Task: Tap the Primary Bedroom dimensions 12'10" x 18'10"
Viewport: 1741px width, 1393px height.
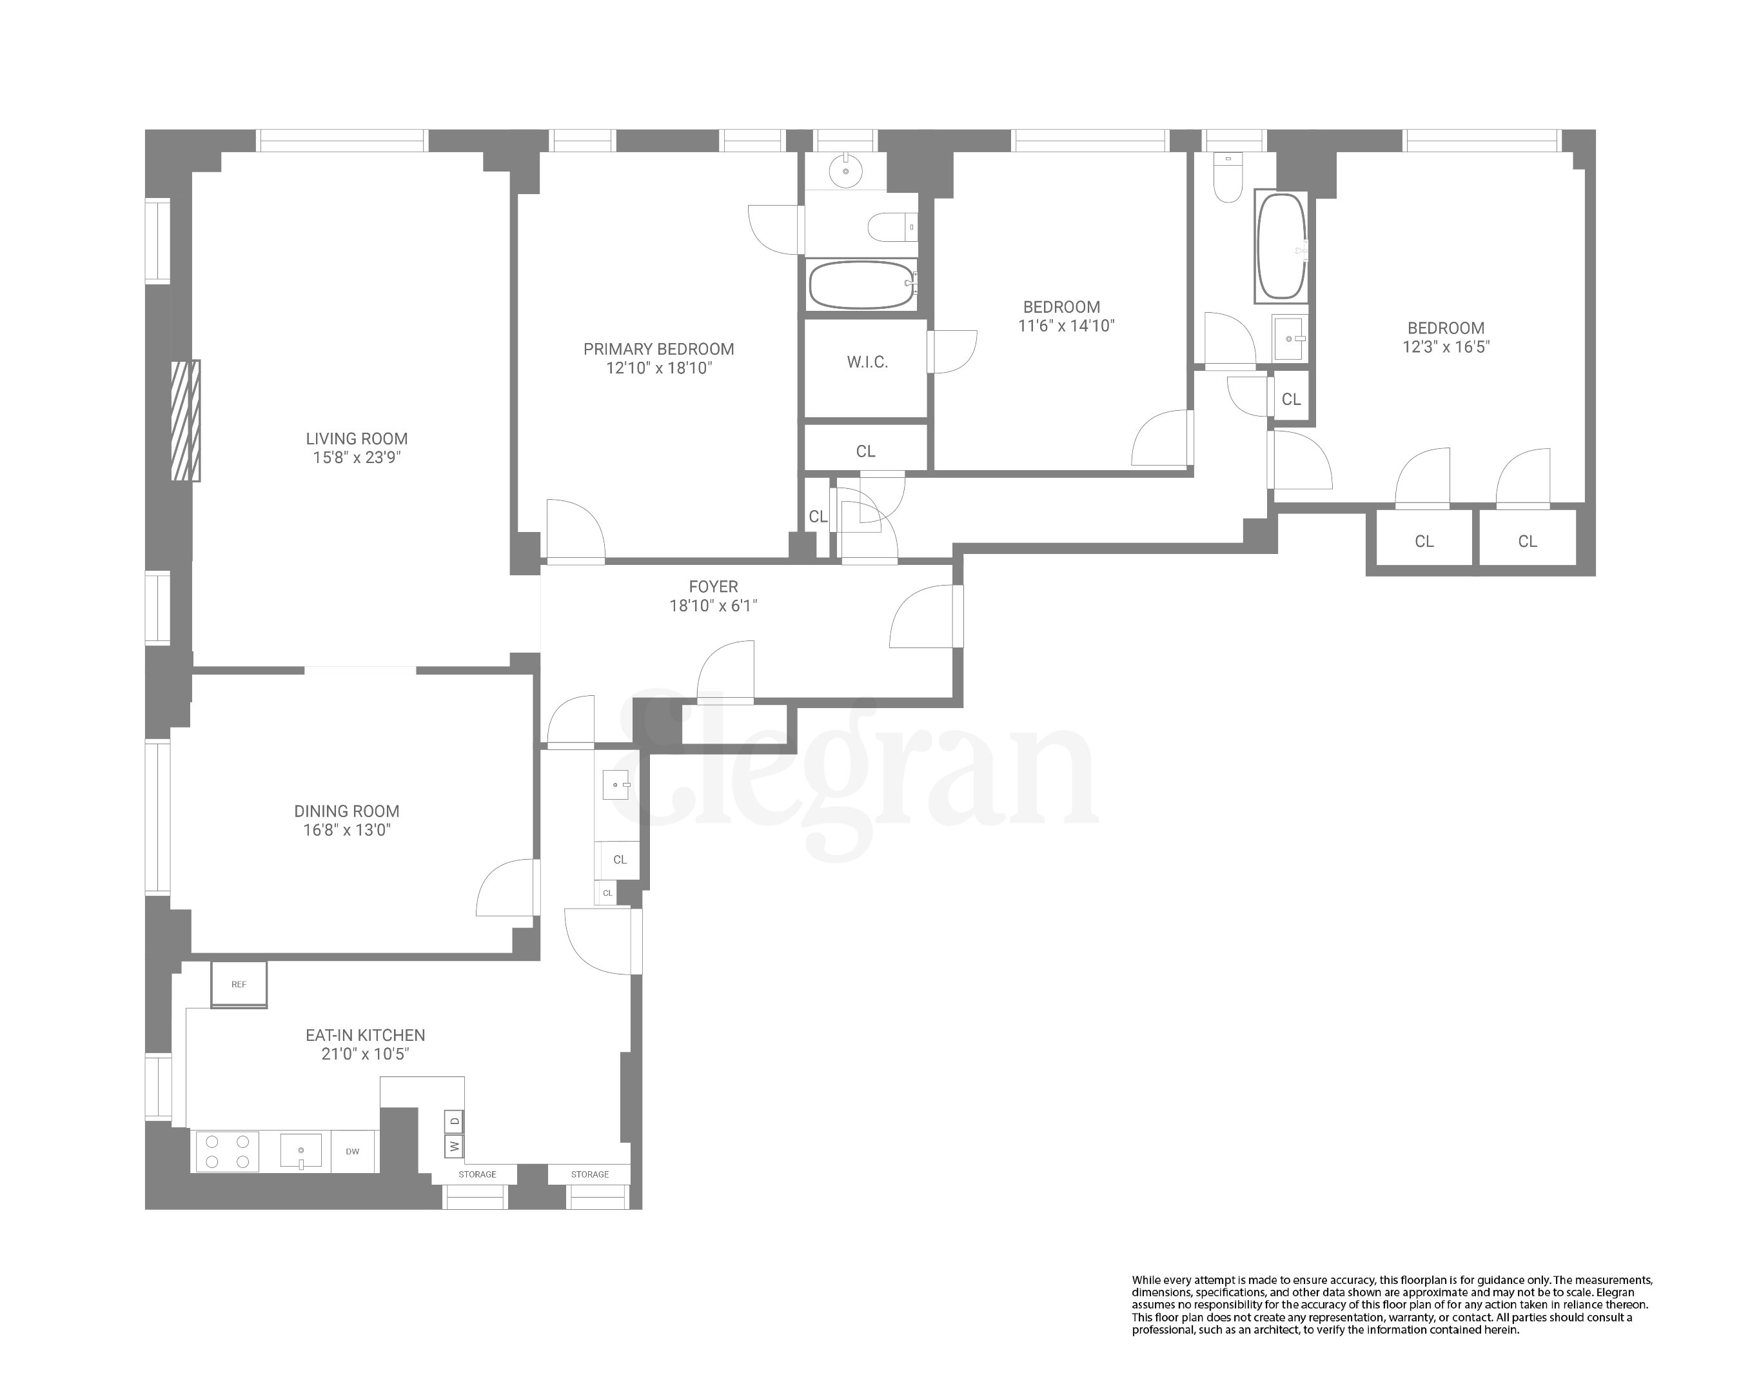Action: [x=659, y=368]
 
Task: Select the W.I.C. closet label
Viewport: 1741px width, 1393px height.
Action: [x=867, y=362]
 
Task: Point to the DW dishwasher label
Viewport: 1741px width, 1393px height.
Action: [x=352, y=1152]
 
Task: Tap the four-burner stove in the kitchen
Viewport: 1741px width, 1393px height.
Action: [x=226, y=1152]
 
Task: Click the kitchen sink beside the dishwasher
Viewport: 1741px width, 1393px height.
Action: [x=300, y=1150]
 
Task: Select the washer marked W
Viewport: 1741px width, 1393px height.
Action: [x=454, y=1145]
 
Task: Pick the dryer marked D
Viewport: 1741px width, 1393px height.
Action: [x=454, y=1121]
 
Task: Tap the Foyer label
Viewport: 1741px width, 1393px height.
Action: [x=713, y=587]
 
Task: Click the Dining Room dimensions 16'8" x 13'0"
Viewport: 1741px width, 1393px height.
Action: [x=346, y=830]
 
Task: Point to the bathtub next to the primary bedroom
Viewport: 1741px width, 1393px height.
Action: [x=861, y=284]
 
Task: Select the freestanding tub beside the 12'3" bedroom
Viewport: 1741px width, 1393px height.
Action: [x=1281, y=246]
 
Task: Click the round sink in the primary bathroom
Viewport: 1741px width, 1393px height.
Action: [x=845, y=171]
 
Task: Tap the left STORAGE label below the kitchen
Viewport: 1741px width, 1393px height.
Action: [x=477, y=1174]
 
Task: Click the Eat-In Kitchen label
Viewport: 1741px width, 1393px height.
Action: [x=365, y=1035]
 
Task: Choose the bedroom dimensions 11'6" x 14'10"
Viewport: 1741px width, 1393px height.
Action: [x=1066, y=326]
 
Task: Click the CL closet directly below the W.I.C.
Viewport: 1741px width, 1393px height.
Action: [x=865, y=451]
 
